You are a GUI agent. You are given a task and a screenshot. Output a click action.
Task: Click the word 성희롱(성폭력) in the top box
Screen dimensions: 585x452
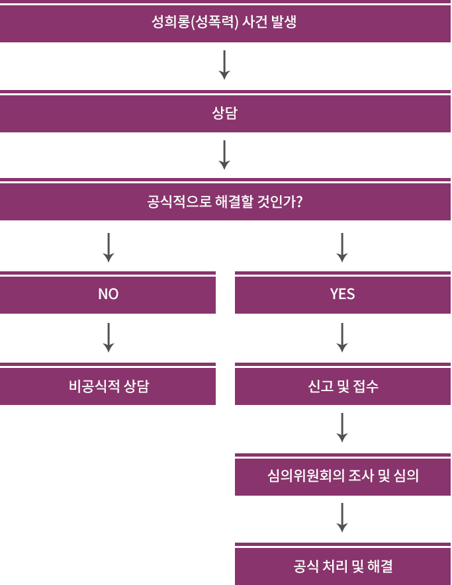click(194, 22)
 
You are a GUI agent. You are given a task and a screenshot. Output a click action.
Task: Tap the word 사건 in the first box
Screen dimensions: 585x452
click(256, 22)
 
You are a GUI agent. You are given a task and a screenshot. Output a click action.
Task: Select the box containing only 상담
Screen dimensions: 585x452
click(225, 113)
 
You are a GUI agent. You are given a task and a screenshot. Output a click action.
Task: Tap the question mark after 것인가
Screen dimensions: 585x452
click(299, 202)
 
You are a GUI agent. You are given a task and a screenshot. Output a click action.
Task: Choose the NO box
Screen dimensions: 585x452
click(108, 294)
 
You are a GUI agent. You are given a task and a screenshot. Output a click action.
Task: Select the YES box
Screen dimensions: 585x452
click(343, 294)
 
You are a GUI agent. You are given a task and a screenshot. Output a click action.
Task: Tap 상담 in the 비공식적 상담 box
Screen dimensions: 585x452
click(137, 386)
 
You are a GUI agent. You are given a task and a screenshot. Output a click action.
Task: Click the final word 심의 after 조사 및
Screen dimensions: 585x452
click(407, 476)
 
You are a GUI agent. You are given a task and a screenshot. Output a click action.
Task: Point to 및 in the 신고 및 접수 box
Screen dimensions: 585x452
click(343, 386)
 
